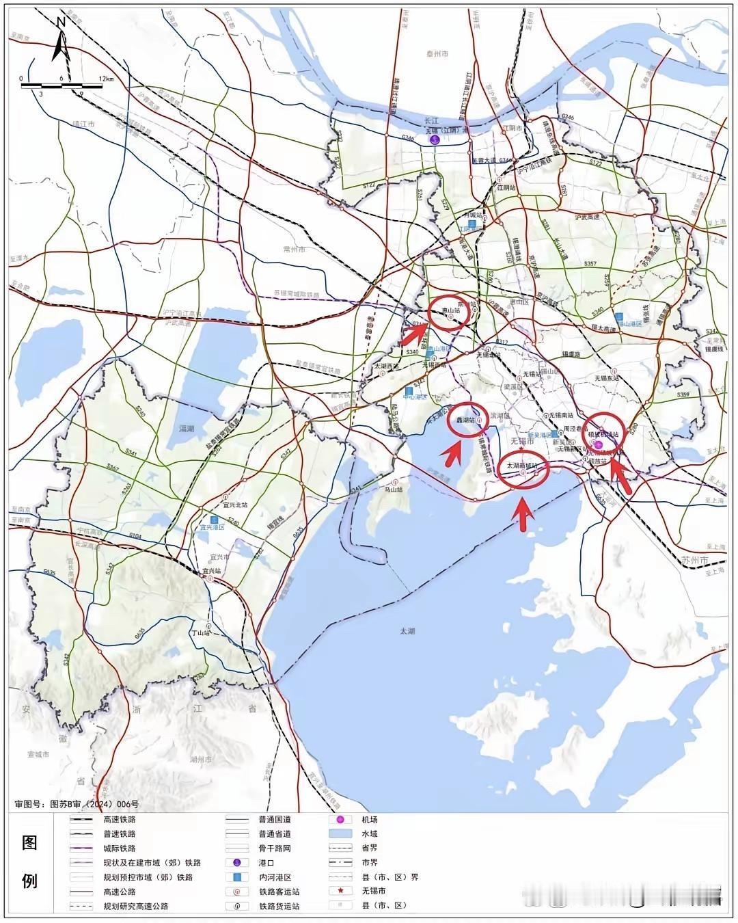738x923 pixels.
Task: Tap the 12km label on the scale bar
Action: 105,79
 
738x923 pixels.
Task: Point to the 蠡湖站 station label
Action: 466,420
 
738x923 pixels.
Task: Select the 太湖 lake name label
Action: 407,631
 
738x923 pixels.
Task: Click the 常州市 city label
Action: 296,250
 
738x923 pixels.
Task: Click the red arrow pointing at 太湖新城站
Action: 523,514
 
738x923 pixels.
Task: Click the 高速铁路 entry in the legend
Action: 119,819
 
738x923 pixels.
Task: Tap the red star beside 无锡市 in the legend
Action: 340,891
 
